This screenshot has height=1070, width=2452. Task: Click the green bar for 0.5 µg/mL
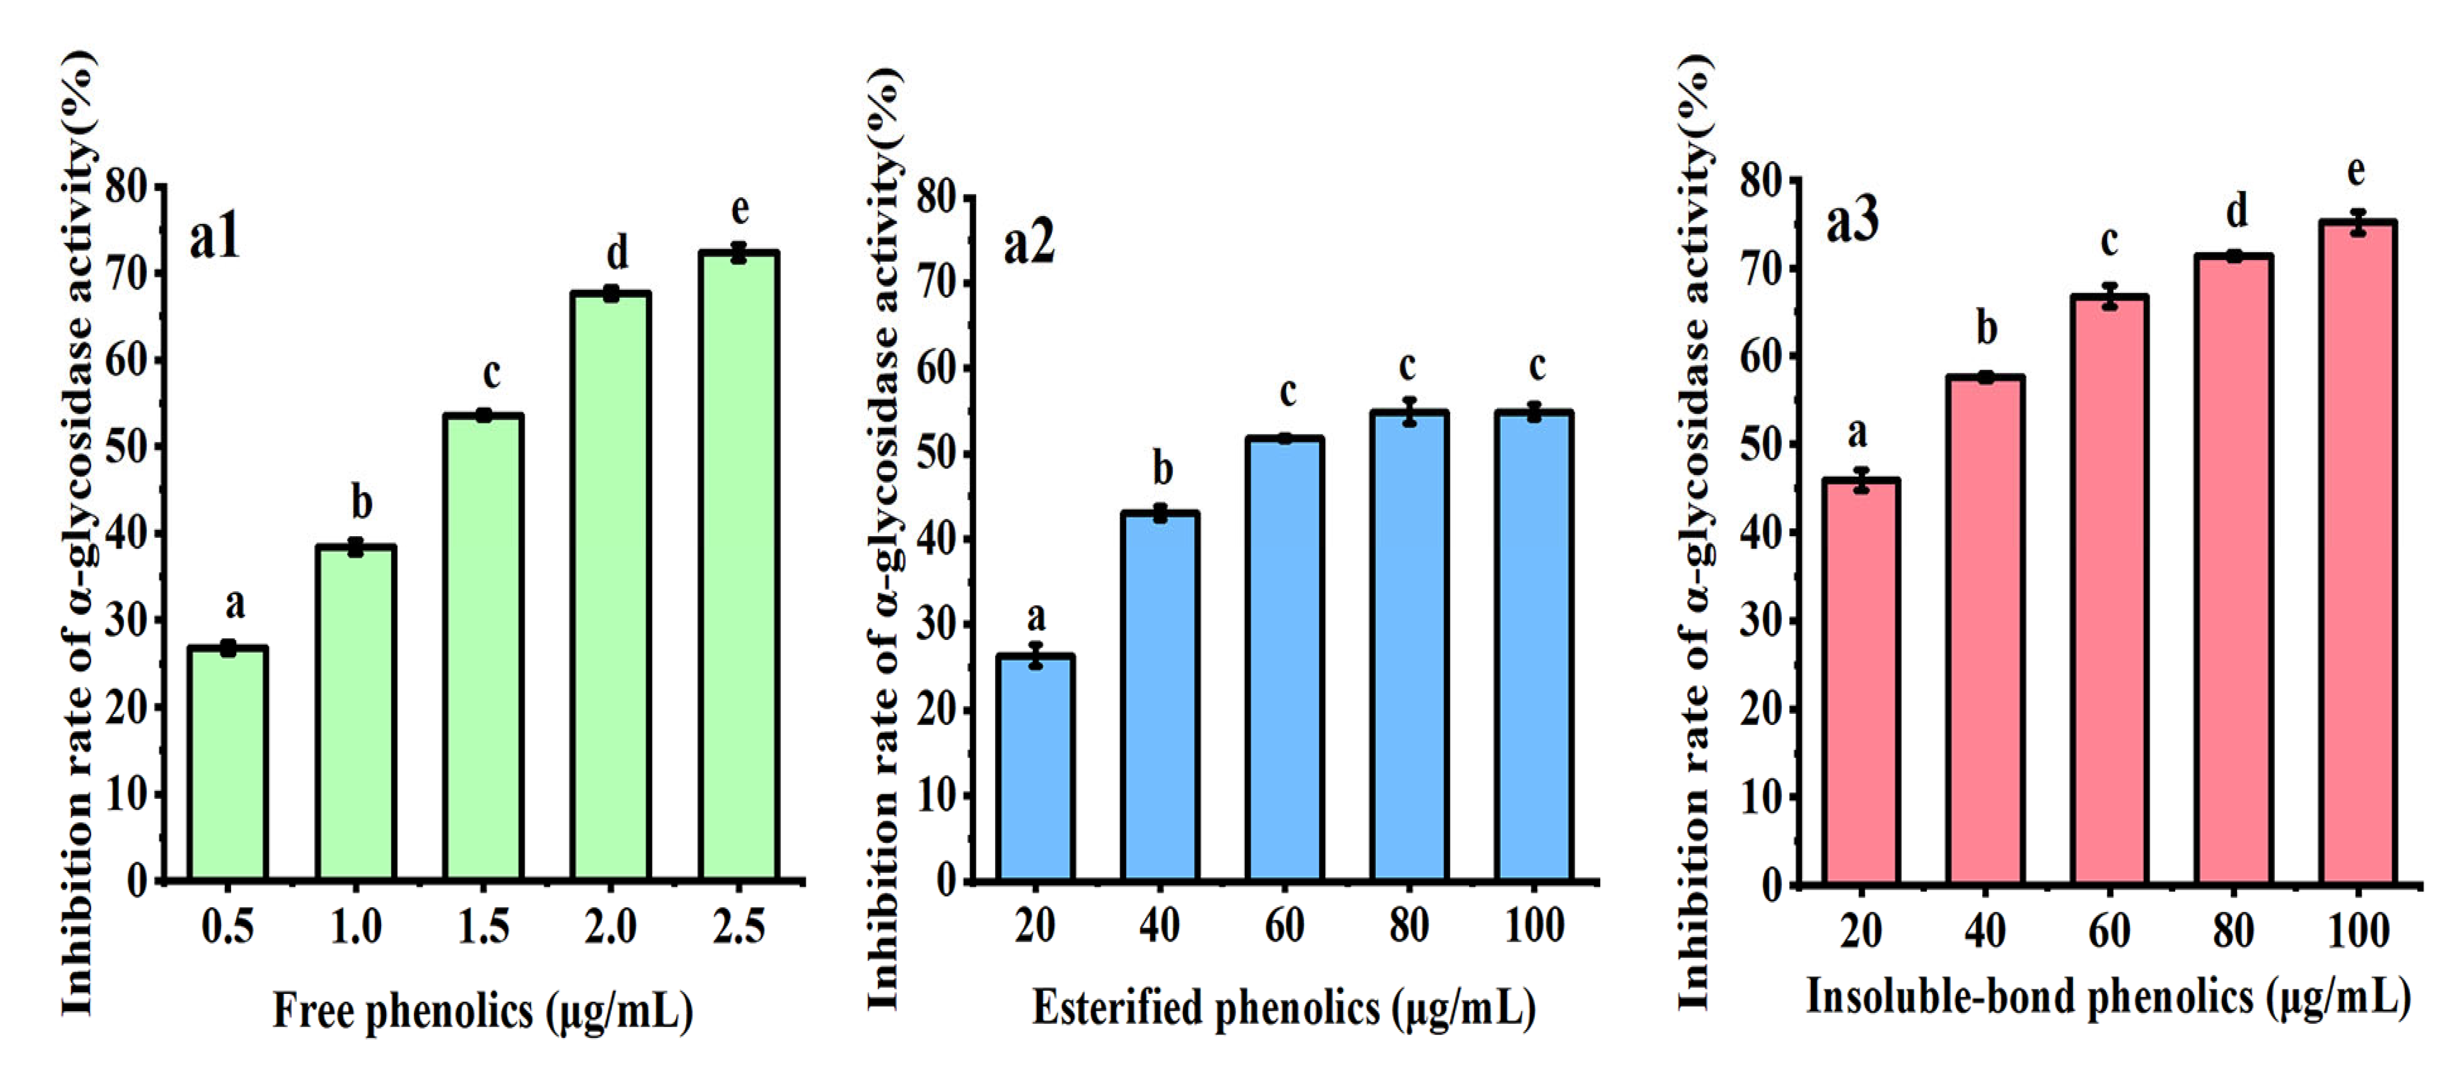click(x=227, y=762)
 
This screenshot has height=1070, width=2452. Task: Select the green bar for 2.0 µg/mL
click(x=611, y=586)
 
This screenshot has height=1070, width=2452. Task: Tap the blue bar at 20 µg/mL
click(x=1036, y=766)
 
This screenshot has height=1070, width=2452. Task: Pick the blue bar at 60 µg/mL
click(x=1285, y=657)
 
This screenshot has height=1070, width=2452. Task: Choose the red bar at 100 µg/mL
click(x=2357, y=552)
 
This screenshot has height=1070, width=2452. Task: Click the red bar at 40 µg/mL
click(x=1986, y=628)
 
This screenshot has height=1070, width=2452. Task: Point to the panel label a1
click(x=215, y=238)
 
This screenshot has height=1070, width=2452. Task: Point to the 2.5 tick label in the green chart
click(x=738, y=926)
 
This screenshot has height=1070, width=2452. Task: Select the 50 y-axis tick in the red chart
click(x=1760, y=444)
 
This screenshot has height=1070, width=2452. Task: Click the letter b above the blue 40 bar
click(x=1162, y=469)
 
